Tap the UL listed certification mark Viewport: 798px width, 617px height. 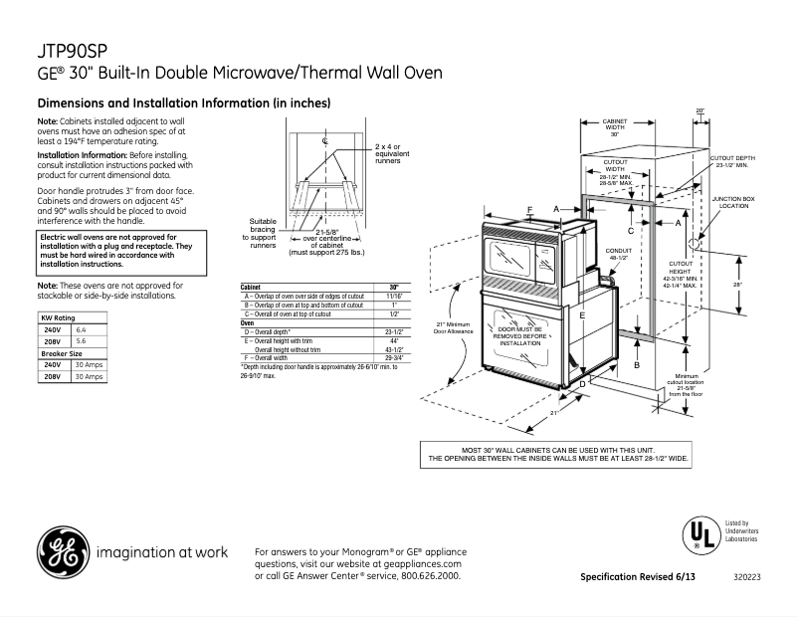(x=700, y=534)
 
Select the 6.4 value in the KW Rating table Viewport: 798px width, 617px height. (x=83, y=328)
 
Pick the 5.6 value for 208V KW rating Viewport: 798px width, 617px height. (x=83, y=340)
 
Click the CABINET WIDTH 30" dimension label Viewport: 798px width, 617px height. (x=615, y=127)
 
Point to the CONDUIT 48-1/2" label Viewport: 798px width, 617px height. (x=618, y=254)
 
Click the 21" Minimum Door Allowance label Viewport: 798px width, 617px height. (x=453, y=327)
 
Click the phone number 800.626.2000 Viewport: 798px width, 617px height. (x=429, y=576)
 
